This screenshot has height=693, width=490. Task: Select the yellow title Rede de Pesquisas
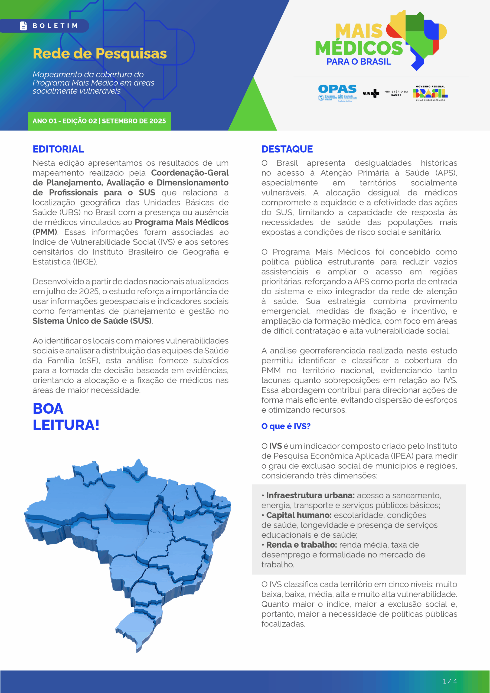tap(100, 53)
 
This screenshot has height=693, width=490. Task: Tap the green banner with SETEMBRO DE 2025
tap(99, 121)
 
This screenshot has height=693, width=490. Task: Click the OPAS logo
tap(337, 92)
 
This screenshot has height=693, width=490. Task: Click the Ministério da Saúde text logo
tap(396, 93)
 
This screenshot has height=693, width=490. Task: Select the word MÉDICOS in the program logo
tap(359, 48)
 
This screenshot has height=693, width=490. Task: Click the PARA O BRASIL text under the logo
tap(359, 61)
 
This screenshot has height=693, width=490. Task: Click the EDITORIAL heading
tap(58, 149)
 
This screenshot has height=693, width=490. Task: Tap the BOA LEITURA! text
tap(66, 417)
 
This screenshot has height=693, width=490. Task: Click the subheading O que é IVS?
tap(286, 426)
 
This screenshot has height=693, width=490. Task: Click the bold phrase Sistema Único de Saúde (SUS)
tap(92, 321)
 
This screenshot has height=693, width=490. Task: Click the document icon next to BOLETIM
tap(23, 26)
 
